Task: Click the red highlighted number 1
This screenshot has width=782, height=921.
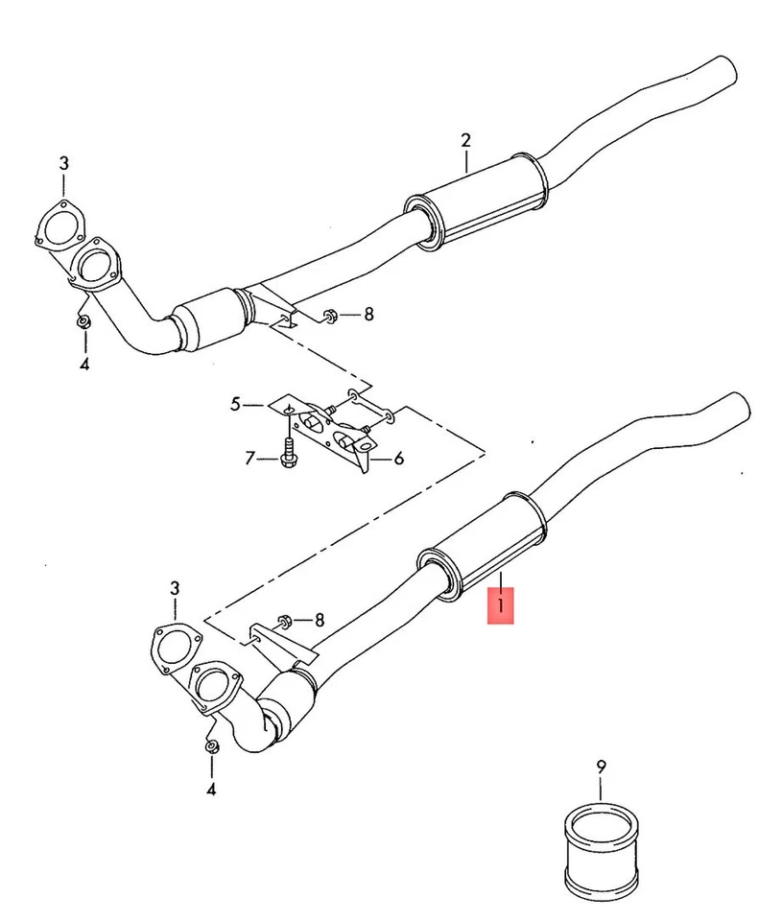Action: point(500,607)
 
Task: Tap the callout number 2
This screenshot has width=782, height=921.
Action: point(465,141)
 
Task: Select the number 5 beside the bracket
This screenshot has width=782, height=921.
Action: point(236,405)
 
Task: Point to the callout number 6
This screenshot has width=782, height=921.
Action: point(398,459)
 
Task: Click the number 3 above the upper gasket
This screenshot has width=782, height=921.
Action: point(63,163)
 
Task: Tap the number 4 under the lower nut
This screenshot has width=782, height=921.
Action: point(211,789)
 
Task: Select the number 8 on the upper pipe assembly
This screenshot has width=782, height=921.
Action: point(368,314)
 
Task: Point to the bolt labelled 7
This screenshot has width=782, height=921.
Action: point(288,453)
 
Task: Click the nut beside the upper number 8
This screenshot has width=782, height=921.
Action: point(328,314)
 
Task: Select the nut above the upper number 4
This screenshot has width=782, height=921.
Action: point(83,321)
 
